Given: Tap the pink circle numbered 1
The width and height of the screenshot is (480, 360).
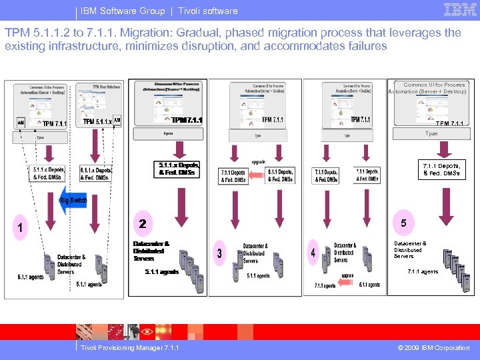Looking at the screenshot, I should [x=21, y=228].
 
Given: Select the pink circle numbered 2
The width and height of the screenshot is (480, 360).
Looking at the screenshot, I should [x=142, y=223].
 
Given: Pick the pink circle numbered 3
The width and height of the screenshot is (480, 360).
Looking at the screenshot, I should [x=219, y=253].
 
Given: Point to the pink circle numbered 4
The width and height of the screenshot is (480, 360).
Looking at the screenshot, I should [x=313, y=253].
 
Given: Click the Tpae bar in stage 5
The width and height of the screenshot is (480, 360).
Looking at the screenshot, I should [x=431, y=134].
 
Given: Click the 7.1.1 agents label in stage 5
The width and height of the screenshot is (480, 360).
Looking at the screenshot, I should [x=423, y=272].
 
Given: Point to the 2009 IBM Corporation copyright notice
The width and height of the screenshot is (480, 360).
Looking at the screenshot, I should [x=433, y=347].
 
